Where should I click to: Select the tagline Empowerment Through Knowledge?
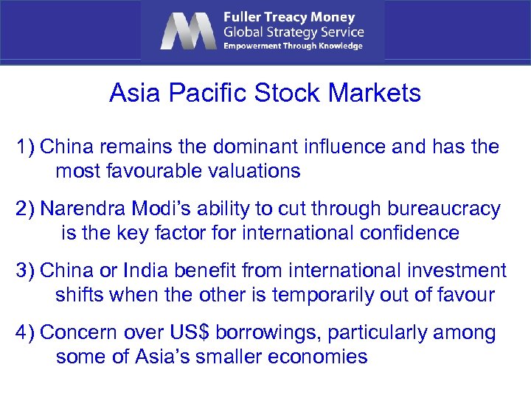pos(294,46)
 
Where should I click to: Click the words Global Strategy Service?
pos(294,32)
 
